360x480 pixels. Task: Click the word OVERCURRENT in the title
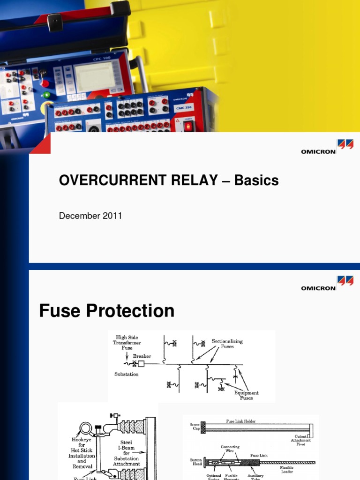tap(103, 180)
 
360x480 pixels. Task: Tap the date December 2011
tap(90, 216)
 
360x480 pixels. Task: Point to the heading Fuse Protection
tap(107, 310)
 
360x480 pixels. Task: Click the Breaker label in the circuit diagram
tap(142, 356)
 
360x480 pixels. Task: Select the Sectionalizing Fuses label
tap(227, 344)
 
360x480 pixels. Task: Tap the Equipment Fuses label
tap(247, 395)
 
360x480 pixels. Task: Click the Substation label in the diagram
tap(127, 374)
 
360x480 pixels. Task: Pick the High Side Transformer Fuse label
tap(126, 342)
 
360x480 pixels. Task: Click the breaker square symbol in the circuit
tap(140, 364)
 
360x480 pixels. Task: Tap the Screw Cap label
tap(195, 427)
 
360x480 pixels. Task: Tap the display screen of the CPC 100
tap(95, 76)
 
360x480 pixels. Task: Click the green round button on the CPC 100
tap(46, 95)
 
